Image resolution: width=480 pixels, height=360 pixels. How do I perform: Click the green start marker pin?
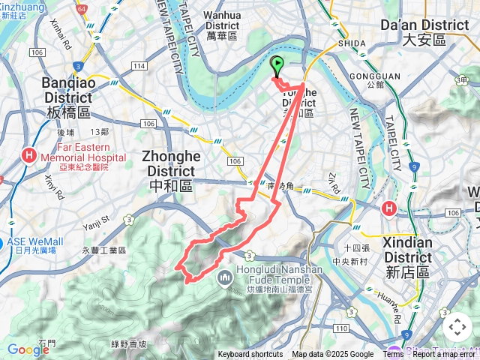pos(277,66)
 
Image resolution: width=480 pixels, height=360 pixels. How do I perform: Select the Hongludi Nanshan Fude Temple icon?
pos(225,279)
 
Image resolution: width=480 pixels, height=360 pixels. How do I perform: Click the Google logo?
pos(28,349)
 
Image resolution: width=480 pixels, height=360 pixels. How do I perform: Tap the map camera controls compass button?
pos(457,327)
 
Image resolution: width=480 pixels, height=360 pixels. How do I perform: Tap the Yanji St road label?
pos(96,219)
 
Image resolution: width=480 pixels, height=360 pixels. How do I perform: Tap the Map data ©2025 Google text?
pos(333,355)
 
